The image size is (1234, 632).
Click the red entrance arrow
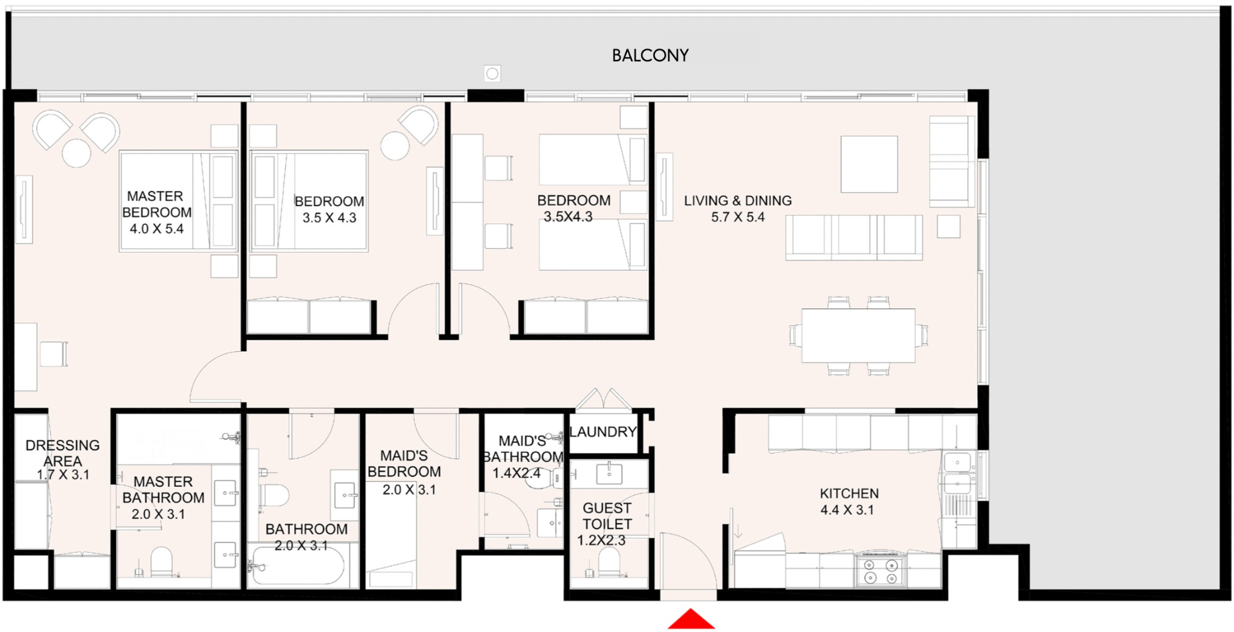pyautogui.click(x=691, y=619)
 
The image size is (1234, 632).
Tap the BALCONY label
pyautogui.click(x=650, y=55)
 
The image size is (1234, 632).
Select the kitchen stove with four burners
pyautogui.click(x=880, y=571)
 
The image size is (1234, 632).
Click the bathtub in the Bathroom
pyautogui.click(x=298, y=565)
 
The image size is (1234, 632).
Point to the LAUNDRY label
pyautogui.click(x=603, y=432)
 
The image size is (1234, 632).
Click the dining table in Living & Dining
pyautogui.click(x=858, y=336)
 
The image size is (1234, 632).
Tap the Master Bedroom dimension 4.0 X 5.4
pyautogui.click(x=157, y=229)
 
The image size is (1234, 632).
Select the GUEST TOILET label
pyautogui.click(x=607, y=516)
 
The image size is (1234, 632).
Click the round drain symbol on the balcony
pyautogui.click(x=492, y=74)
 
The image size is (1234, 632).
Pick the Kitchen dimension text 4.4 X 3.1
pyautogui.click(x=847, y=510)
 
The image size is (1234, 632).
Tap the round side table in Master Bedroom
pyautogui.click(x=77, y=152)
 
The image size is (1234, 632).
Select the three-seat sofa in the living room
pyautogui.click(x=854, y=237)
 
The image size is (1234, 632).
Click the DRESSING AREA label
pyautogui.click(x=63, y=453)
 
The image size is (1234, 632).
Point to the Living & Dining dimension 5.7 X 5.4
pyautogui.click(x=738, y=217)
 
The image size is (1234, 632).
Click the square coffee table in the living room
pyautogui.click(x=869, y=164)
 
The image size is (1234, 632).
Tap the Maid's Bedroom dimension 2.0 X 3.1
pyautogui.click(x=409, y=490)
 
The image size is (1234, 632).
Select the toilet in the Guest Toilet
pyautogui.click(x=609, y=563)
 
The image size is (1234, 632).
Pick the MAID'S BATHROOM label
pyautogui.click(x=523, y=449)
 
